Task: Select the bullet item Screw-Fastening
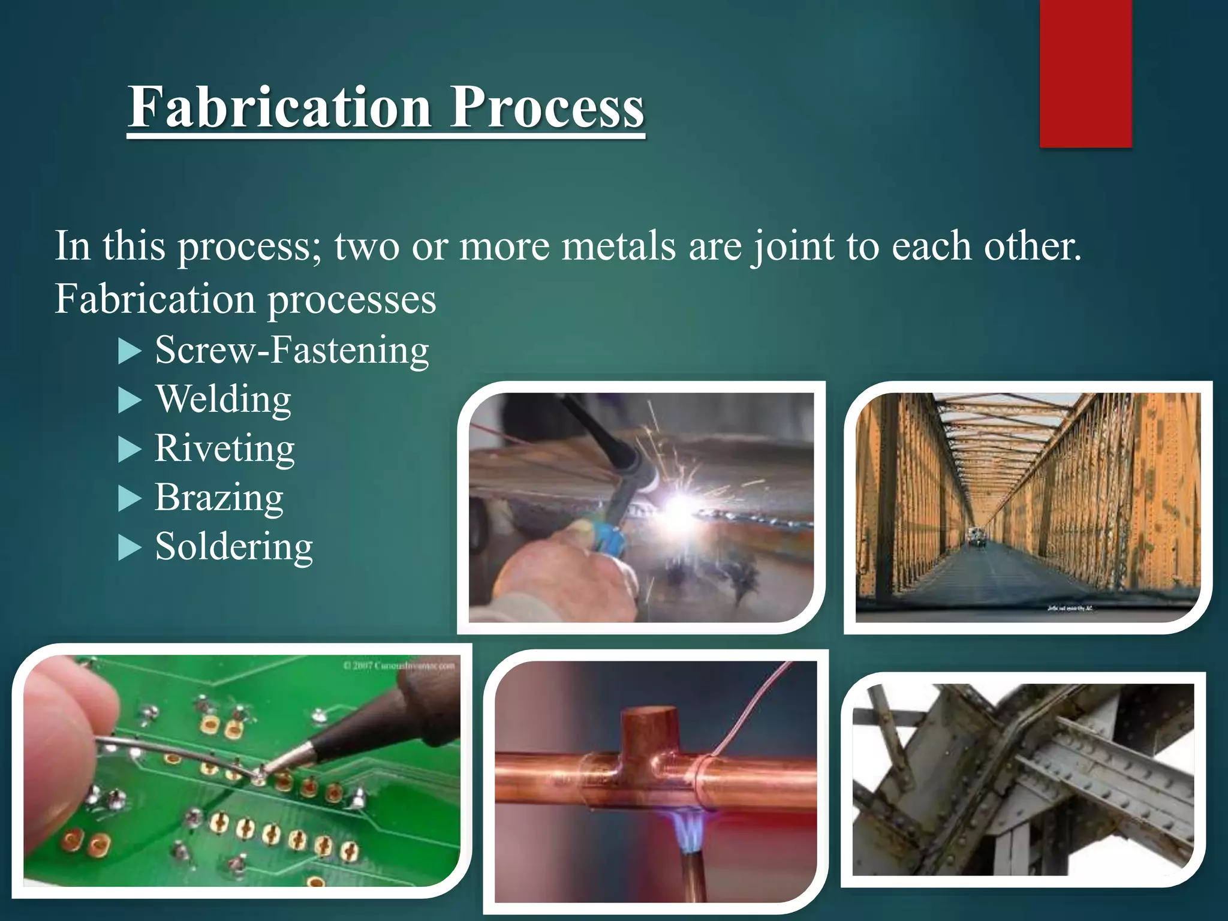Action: pyautogui.click(x=292, y=350)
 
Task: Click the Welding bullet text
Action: pyautogui.click(x=224, y=399)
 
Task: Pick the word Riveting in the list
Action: pyautogui.click(x=225, y=449)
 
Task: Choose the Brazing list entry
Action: pyautogui.click(x=219, y=498)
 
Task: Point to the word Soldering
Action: pyautogui.click(x=234, y=547)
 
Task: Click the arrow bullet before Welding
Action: pyautogui.click(x=129, y=401)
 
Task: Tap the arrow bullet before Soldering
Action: pyautogui.click(x=129, y=548)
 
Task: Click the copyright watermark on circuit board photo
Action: pyautogui.click(x=399, y=666)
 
